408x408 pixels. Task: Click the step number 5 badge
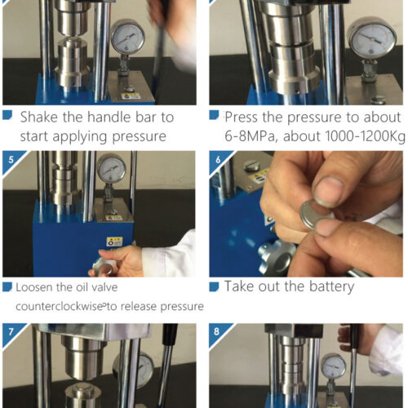pyautogui.click(x=11, y=160)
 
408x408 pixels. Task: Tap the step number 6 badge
pyautogui.click(x=218, y=160)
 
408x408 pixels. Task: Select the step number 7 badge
pyautogui.click(x=11, y=332)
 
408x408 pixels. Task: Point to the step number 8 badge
pyautogui.click(x=217, y=332)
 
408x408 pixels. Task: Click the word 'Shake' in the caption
pyautogui.click(x=39, y=118)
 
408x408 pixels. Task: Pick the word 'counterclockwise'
pyautogui.click(x=59, y=307)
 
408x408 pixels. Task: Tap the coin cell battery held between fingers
pyautogui.click(x=317, y=215)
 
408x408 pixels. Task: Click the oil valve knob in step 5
pyautogui.click(x=104, y=267)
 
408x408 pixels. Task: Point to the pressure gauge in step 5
pyautogui.click(x=112, y=169)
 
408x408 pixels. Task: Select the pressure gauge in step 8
pyautogui.click(x=333, y=366)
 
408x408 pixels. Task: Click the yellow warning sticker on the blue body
pyautogui.click(x=114, y=242)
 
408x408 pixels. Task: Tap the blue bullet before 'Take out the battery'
pyautogui.click(x=214, y=286)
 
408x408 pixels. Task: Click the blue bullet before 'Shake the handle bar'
pyautogui.click(x=7, y=115)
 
